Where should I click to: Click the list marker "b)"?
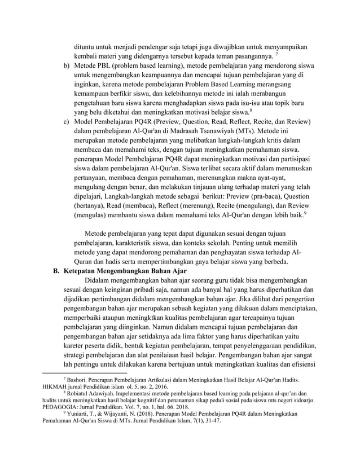pos(66,66)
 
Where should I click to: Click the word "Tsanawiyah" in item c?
pos(224,134)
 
